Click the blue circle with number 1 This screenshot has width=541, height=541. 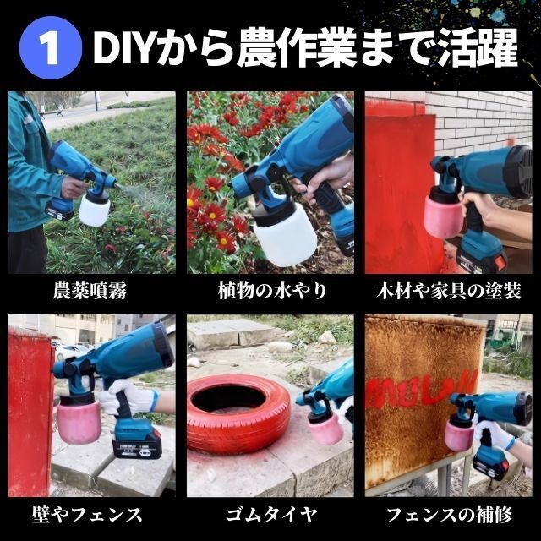click(x=51, y=47)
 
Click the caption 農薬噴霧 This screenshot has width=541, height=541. click(x=90, y=291)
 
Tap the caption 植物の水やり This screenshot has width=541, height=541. click(x=272, y=291)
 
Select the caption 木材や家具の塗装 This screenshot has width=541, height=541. click(x=449, y=291)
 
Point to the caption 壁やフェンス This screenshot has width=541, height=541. click(x=87, y=515)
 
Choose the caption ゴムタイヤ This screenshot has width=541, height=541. click(x=271, y=515)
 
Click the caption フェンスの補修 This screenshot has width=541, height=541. click(x=449, y=515)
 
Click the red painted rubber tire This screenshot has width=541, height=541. click(x=238, y=414)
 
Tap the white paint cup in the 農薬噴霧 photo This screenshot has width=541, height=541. click(x=94, y=209)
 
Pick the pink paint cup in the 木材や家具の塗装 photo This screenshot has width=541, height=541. click(x=443, y=216)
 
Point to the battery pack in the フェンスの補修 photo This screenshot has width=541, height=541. click(x=491, y=464)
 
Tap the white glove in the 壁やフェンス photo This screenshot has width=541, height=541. click(x=129, y=397)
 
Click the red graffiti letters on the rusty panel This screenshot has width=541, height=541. click(x=422, y=389)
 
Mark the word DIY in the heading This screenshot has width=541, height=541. click(x=123, y=48)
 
